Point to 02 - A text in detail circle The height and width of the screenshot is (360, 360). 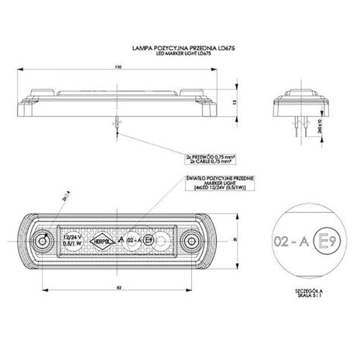pos(288,240)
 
